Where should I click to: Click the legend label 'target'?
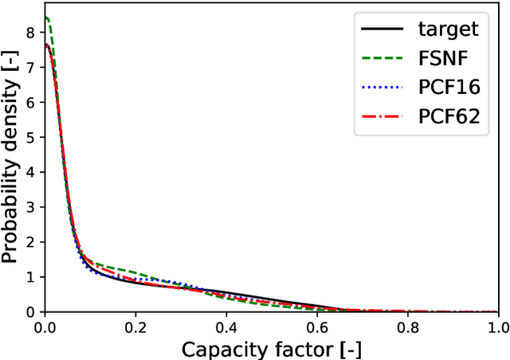(x=449, y=29)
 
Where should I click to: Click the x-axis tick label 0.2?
(x=135, y=327)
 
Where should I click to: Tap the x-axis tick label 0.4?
(x=226, y=327)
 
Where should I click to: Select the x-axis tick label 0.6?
(x=317, y=327)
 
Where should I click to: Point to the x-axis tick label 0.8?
(x=408, y=327)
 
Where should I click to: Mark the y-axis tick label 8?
(x=32, y=33)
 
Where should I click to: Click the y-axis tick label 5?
(x=32, y=138)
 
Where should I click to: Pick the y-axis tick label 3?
(x=32, y=207)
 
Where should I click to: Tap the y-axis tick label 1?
(x=32, y=276)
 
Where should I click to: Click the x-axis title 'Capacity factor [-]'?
(x=272, y=348)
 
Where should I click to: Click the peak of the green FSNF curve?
(x=46, y=18)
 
